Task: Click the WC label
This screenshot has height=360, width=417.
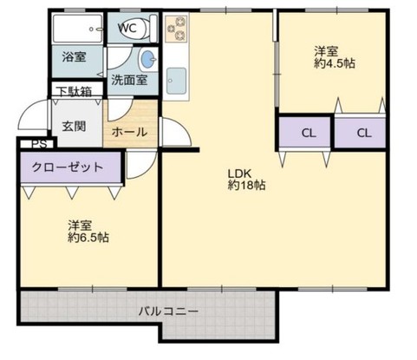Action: pos(127,27)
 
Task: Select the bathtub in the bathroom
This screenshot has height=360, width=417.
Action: pos(77,29)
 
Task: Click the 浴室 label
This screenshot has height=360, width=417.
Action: pos(74,57)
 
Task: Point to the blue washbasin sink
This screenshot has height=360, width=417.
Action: pos(148,60)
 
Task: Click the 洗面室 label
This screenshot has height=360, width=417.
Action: pos(128,81)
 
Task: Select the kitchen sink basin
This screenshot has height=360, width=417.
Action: pos(178,81)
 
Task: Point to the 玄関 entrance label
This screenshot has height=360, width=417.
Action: pos(74,125)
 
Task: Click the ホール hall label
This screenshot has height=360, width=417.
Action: pos(129,133)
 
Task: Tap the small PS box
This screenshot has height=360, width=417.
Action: pos(39,145)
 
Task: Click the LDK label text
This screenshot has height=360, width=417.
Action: pos(239,172)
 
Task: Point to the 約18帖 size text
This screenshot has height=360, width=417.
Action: pos(246,185)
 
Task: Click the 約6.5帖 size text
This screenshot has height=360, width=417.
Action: pos(88,237)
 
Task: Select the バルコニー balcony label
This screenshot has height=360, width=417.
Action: pos(169,310)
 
